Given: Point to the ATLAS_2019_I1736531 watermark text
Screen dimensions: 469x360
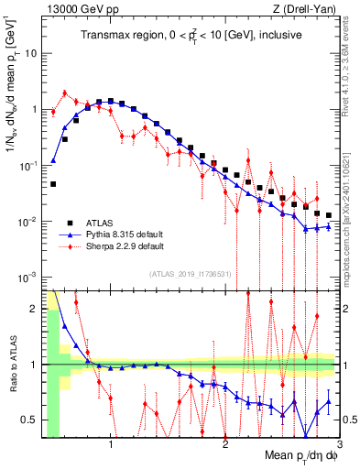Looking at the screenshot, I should [190, 274].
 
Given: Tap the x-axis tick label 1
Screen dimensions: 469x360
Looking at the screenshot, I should [111, 445].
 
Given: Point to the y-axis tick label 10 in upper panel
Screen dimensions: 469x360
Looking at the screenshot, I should [30, 53].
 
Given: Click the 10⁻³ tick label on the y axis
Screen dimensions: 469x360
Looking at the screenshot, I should [27, 278].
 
